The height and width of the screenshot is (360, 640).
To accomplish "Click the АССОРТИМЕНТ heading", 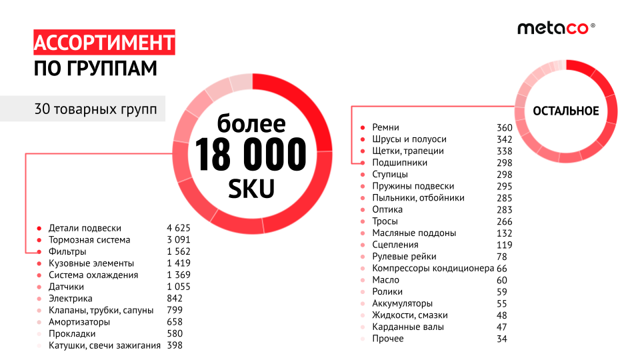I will pos(104,43).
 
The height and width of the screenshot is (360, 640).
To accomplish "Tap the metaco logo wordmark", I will pos(553,28).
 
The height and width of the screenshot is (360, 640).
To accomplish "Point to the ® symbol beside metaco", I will pos(593,25).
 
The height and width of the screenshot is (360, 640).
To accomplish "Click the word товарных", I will pos(83,109).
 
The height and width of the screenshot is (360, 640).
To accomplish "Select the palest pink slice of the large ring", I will pos(241,82).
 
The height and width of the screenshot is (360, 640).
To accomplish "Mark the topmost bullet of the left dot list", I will pos(39,228).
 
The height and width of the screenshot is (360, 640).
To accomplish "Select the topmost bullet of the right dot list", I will pos(363,127).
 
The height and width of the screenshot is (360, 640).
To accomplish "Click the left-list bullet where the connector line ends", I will pos(39,251).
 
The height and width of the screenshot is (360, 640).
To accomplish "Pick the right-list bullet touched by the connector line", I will pos(363,163).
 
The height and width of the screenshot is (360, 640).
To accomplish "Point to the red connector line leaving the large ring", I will pos(100,154).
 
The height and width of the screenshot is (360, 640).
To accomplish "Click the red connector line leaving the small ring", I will pos(433,106).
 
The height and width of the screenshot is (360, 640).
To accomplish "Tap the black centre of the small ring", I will pos(566,111).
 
